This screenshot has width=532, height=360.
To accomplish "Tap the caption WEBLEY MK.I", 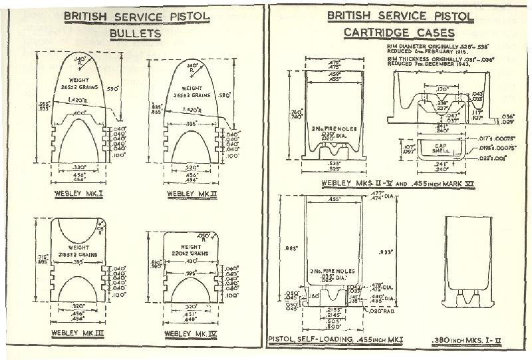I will (78, 194).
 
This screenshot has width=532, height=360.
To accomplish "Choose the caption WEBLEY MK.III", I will (78, 332).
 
